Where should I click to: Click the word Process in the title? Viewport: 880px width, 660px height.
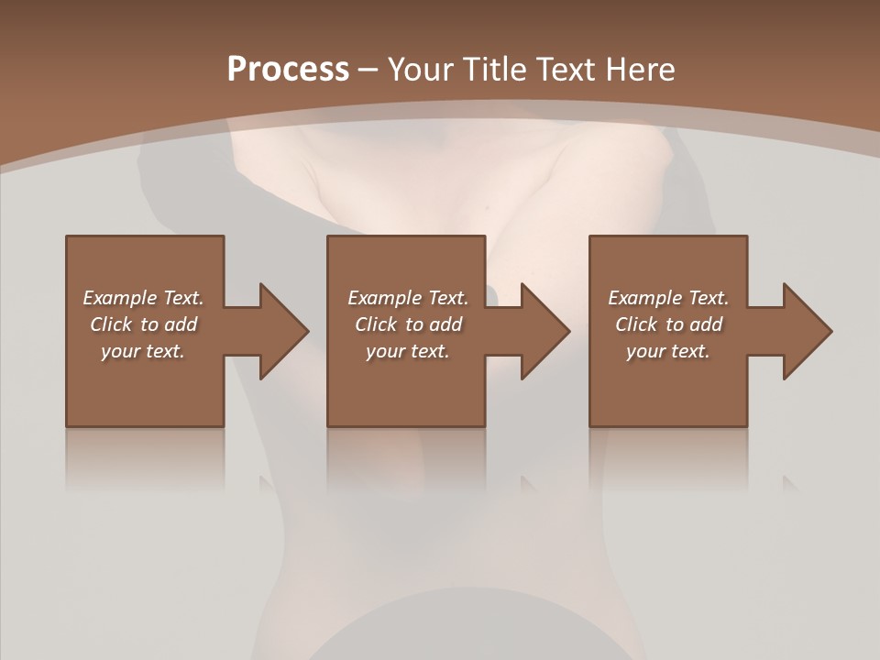288,70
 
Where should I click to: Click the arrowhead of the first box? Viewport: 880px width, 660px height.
283,331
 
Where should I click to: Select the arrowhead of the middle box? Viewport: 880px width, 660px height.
545,331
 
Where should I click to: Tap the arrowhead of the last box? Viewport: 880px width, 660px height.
808,331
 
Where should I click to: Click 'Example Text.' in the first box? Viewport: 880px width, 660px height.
143,298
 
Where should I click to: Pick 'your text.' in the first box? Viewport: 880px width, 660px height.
143,351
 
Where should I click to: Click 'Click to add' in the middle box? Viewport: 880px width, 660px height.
408,324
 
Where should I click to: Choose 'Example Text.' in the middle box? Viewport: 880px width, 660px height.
408,298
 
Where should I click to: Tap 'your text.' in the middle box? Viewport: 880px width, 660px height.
408,351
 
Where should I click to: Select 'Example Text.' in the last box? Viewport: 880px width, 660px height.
668,298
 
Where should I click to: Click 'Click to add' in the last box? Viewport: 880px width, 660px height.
668,324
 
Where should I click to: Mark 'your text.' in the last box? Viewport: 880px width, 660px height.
668,351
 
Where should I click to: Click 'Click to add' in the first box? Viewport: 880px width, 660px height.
143,324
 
